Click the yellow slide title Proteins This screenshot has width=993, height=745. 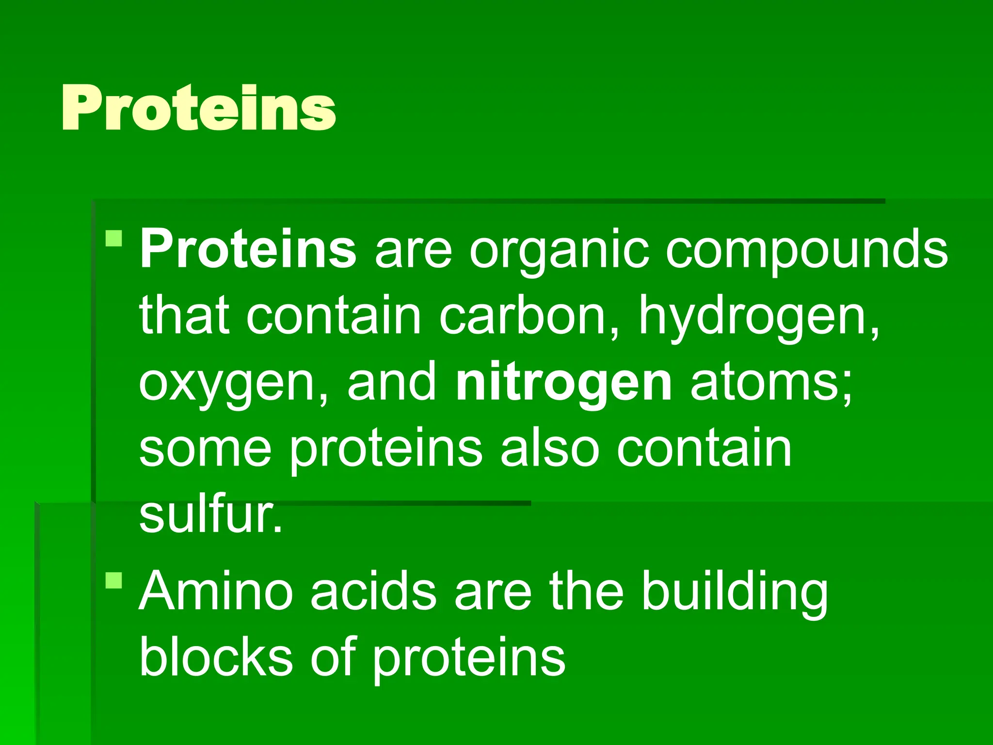tap(199, 108)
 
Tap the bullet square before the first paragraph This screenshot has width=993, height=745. tap(114, 239)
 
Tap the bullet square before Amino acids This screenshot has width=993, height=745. tap(114, 580)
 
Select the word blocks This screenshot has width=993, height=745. tap(216, 657)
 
